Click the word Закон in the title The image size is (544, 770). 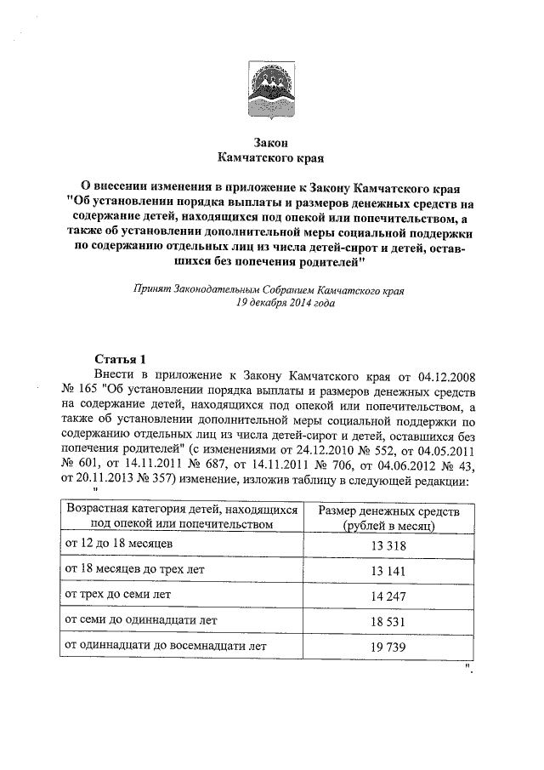(271, 142)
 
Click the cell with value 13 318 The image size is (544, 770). (389, 543)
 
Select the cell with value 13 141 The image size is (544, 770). (389, 568)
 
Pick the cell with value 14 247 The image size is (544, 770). (389, 595)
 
